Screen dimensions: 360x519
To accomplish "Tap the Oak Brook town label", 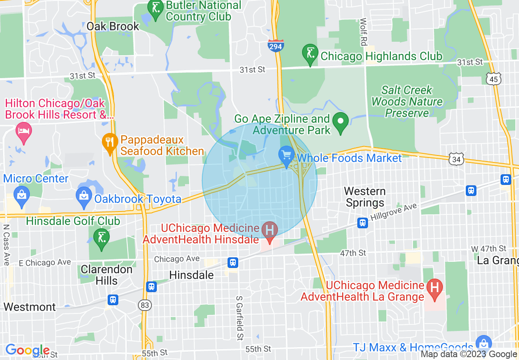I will pyautogui.click(x=113, y=27).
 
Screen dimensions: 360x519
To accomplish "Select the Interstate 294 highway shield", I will pyautogui.click(x=275, y=46).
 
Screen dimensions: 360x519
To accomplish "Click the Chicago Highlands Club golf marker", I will pyautogui.click(x=310, y=54).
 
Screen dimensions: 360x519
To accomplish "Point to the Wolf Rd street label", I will pyautogui.click(x=363, y=32).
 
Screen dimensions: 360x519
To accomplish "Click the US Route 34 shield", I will pyautogui.click(x=456, y=159).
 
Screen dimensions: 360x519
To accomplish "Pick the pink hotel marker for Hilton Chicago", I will pyautogui.click(x=24, y=132).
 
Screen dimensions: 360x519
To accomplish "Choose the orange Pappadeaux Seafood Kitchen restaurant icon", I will pyautogui.click(x=109, y=143).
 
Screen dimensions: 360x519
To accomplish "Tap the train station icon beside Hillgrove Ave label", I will pyautogui.click(x=362, y=223).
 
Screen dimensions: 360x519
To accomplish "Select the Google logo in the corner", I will pyautogui.click(x=27, y=350).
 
